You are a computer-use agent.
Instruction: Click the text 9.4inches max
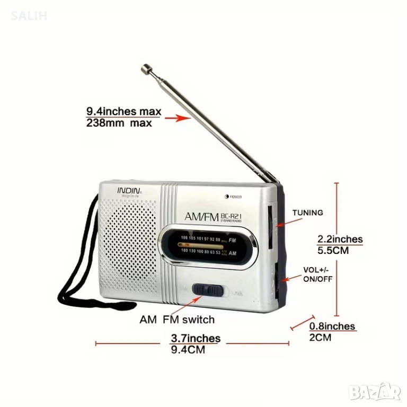pyautogui.click(x=123, y=111)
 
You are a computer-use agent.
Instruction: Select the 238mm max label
pyautogui.click(x=119, y=123)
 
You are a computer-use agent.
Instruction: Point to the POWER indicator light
pyautogui.click(x=227, y=197)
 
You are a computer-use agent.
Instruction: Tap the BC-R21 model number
pyautogui.click(x=233, y=215)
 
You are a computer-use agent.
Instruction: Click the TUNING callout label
pyautogui.click(x=307, y=213)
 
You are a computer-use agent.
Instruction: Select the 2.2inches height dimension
pyautogui.click(x=340, y=239)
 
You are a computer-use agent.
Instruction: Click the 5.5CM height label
pyautogui.click(x=333, y=250)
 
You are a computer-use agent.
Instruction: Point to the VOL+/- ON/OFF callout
pyautogui.click(x=318, y=274)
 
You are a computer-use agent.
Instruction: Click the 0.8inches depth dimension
pyautogui.click(x=332, y=326)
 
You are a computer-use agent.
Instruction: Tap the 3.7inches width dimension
pyautogui.click(x=195, y=338)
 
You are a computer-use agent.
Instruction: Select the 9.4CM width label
pyautogui.click(x=188, y=349)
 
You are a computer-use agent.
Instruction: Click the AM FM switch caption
pyautogui.click(x=177, y=320)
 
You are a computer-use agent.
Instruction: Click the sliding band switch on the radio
pyautogui.click(x=208, y=289)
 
